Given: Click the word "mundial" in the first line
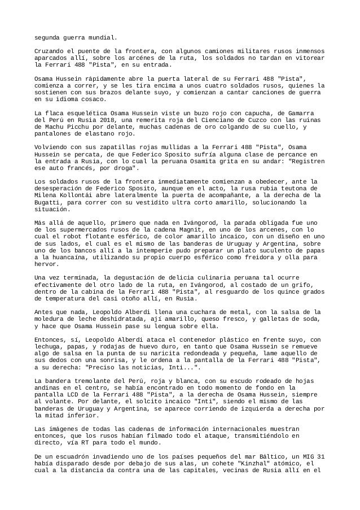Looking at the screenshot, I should [102, 38].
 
